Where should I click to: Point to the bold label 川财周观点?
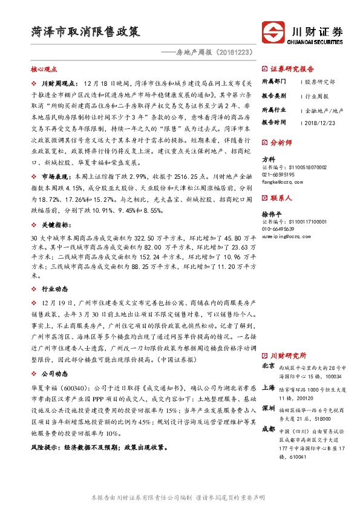tap(58, 82)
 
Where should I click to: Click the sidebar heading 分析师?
tap(281, 143)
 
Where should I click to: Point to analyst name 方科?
tap(268, 159)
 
